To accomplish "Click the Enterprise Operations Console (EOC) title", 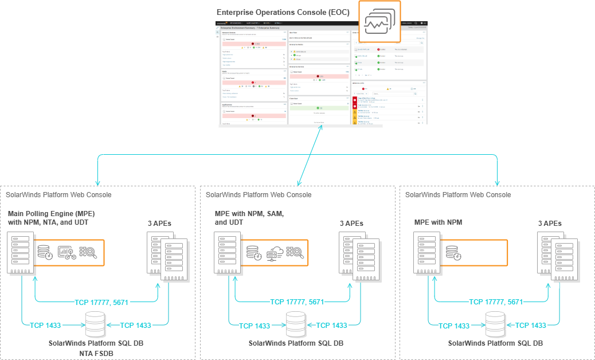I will pyautogui.click(x=283, y=12).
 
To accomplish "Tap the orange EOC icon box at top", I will pyautogui.click(x=379, y=22).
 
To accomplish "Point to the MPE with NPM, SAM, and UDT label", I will pyautogui.click(x=249, y=218).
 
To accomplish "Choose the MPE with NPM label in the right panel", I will pyautogui.click(x=438, y=222).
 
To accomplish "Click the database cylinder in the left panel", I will pyautogui.click(x=95, y=324).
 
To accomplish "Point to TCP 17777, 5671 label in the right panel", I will pyautogui.click(x=496, y=302).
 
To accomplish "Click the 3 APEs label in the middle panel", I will pyautogui.click(x=351, y=224).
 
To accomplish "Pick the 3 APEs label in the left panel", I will pyautogui.click(x=158, y=224).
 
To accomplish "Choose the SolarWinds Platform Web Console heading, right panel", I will pyautogui.click(x=457, y=195).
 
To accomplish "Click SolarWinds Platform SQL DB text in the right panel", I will pyautogui.click(x=495, y=343).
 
